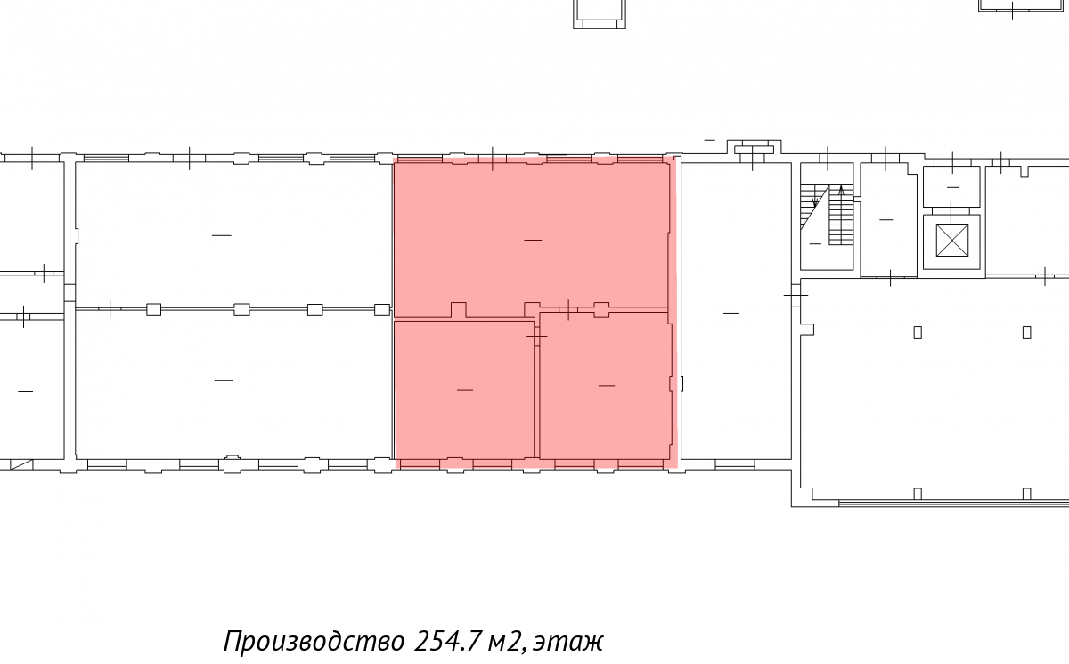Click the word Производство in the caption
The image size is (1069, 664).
[x=314, y=642]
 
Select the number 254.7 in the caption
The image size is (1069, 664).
[x=446, y=641]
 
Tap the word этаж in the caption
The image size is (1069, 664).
[x=568, y=642]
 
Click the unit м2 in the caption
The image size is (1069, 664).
[x=506, y=642]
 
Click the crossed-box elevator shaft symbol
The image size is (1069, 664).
[x=952, y=240]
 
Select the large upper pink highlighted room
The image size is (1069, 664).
[x=531, y=236]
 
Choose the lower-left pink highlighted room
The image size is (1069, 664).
[x=464, y=389]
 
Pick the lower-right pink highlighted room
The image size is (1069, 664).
[x=605, y=385]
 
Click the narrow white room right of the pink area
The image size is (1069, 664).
[x=736, y=311]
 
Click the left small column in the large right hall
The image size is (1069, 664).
[x=918, y=332]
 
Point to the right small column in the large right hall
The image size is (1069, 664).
[x=1026, y=332]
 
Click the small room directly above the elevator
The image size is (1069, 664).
[x=951, y=186]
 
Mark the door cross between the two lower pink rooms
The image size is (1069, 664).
[x=537, y=337]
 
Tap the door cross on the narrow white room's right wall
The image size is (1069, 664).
[x=796, y=296]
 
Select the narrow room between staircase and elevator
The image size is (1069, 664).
[x=888, y=219]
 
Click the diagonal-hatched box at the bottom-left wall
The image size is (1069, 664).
[x=21, y=464]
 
